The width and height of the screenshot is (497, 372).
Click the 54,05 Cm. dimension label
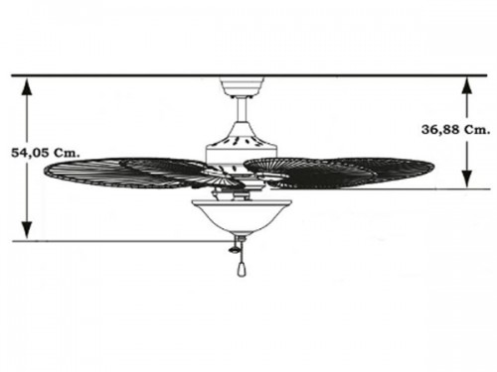click(46, 153)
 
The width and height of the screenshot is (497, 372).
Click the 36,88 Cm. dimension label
click(455, 130)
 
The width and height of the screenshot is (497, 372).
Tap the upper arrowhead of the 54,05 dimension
click(27, 87)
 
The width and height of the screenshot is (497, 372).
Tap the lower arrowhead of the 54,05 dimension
click(27, 230)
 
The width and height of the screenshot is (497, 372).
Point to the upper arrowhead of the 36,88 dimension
click(467, 86)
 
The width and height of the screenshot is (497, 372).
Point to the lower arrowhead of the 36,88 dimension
click(467, 179)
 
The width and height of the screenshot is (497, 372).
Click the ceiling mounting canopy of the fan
click(243, 86)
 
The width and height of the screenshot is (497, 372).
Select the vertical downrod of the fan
click(243, 110)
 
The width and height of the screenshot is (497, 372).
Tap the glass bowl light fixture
click(243, 216)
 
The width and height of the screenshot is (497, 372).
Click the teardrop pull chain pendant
click(242, 271)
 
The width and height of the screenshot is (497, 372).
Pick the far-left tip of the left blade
click(44, 171)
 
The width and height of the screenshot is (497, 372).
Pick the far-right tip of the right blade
click(434, 165)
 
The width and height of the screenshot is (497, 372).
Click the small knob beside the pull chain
click(234, 250)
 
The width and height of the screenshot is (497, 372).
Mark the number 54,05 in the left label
click(30, 153)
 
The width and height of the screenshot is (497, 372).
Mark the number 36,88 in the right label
click(440, 130)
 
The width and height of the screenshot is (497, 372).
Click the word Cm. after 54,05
click(67, 153)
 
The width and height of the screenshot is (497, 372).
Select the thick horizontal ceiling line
click(249, 75)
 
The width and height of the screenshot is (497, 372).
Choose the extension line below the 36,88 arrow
click(380, 189)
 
